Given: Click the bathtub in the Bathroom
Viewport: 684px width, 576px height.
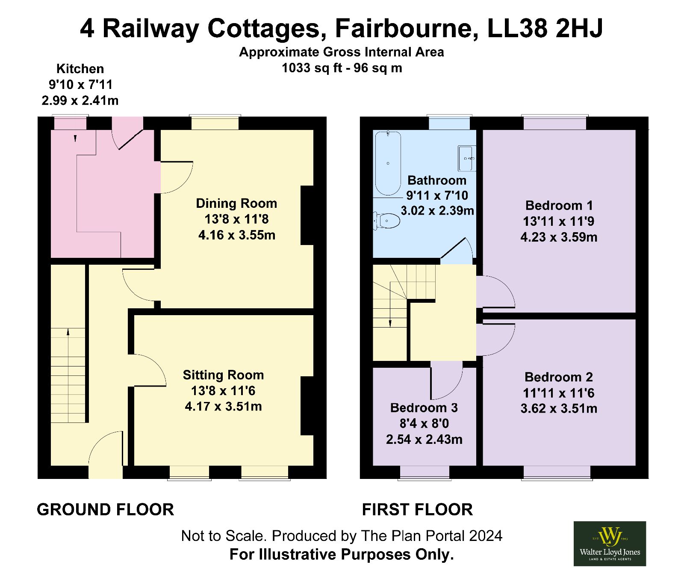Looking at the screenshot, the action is point(388,163).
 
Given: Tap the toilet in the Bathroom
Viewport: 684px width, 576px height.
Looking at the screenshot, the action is point(386,221).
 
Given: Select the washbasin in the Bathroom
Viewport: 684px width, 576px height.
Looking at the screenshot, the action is point(466,158).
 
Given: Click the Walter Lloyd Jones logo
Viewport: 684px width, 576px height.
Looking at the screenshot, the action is point(610,544).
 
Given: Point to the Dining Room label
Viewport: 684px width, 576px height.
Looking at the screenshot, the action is point(236,204).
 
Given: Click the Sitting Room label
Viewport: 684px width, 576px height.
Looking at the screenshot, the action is point(223,375).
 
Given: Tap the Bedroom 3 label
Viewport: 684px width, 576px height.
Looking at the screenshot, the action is point(424,408).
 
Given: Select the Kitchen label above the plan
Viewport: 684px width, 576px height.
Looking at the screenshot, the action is point(80,69).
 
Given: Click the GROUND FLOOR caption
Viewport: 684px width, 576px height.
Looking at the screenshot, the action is point(105,510).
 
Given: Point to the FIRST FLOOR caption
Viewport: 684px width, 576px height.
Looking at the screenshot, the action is point(417,510).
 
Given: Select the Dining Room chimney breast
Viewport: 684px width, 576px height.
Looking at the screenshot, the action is point(307,215).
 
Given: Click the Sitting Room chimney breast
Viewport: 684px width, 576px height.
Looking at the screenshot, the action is point(307,406).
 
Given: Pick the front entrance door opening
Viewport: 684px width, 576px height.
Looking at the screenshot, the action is point(106,472).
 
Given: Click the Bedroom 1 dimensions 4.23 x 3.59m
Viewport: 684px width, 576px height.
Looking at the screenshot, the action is point(559,237).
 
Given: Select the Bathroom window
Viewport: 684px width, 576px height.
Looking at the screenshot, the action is point(449,122).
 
